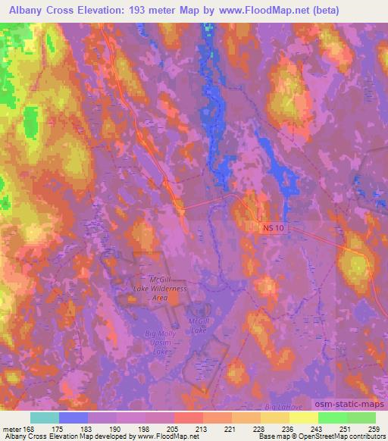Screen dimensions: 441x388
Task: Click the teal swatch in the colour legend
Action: pyautogui.click(x=45, y=418)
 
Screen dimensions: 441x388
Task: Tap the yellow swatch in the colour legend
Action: pyautogui.click(x=304, y=418)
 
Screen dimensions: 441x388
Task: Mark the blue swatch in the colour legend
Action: pyautogui.click(x=74, y=418)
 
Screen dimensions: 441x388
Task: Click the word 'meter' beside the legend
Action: pyautogui.click(x=13, y=428)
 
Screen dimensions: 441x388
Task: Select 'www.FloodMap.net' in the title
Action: pyautogui.click(x=261, y=10)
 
